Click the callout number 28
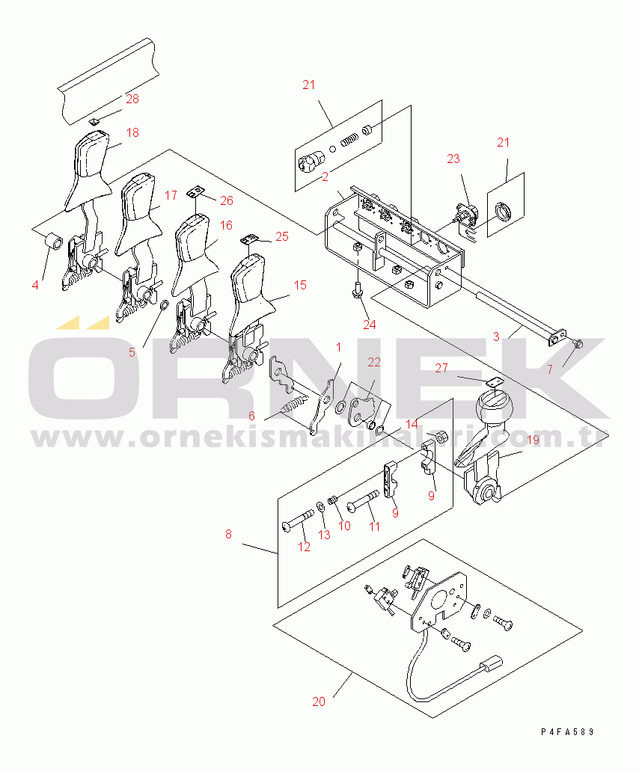[132, 99]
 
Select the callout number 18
[132, 132]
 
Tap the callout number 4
[35, 285]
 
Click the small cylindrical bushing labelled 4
[54, 242]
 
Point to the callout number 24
[370, 325]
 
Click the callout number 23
[453, 159]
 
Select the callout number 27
[441, 368]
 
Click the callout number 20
[319, 701]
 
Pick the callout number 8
[228, 534]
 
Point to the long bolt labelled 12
[298, 520]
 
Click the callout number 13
[324, 535]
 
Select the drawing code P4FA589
[567, 731]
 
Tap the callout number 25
[282, 236]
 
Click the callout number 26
[226, 200]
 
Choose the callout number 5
[132, 352]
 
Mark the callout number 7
[550, 369]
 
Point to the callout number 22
[374, 363]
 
